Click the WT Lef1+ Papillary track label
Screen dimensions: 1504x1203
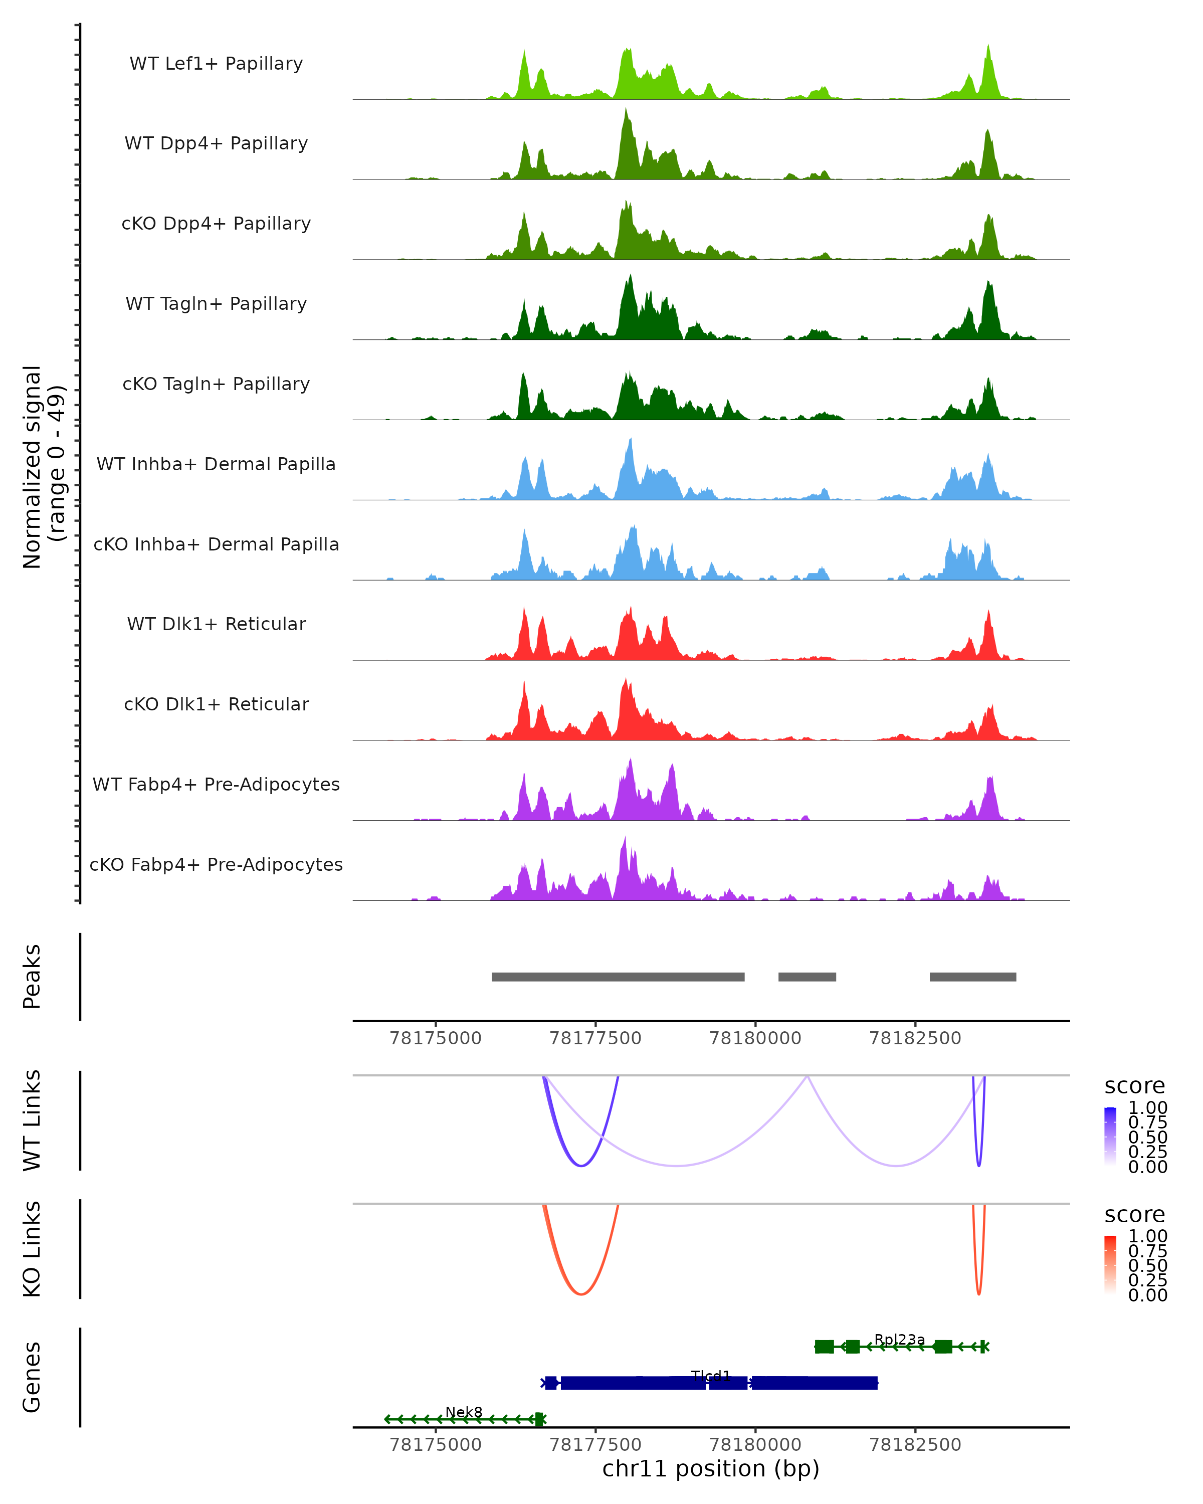216,64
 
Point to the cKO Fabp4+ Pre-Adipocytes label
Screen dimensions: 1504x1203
216,864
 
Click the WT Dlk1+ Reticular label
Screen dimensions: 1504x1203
216,624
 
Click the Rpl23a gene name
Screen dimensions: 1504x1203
900,1340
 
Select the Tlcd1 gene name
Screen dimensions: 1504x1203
711,1376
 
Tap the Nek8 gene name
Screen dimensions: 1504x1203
464,1412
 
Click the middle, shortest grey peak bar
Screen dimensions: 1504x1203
807,977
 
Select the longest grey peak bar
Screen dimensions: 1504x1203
618,977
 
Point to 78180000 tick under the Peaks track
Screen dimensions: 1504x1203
755,1038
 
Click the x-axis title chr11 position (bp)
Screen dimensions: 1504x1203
711,1469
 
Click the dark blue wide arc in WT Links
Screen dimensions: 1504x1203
581,1166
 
